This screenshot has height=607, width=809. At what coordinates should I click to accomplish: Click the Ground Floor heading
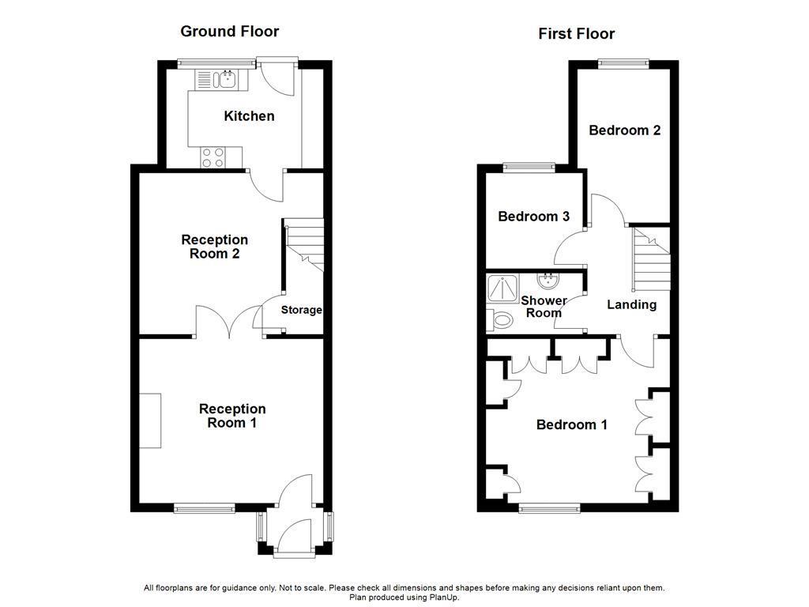coord(229,32)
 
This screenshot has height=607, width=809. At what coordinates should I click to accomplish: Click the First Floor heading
coord(576,33)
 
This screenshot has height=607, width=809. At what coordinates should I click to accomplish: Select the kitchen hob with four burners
coord(212,157)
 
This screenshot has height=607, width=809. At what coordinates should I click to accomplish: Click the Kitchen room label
coord(249,116)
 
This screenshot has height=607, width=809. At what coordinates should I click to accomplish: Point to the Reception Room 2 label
coord(214,247)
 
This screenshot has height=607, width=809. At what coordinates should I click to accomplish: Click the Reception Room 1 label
coord(232,416)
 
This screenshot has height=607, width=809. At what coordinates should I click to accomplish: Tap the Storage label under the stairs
coord(302,310)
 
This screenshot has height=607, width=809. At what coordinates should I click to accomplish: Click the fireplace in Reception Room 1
coord(150,420)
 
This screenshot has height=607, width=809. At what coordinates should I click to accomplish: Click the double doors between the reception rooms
coord(229,322)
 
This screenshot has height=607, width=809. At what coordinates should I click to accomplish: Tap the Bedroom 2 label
coord(624,130)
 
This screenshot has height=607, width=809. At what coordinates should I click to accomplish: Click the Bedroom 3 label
coord(533,217)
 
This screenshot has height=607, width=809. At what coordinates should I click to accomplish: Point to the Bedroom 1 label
coord(571,425)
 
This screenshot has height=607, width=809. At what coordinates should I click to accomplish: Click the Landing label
coord(631,304)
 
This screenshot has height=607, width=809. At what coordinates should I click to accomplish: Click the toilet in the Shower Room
coord(500,319)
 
